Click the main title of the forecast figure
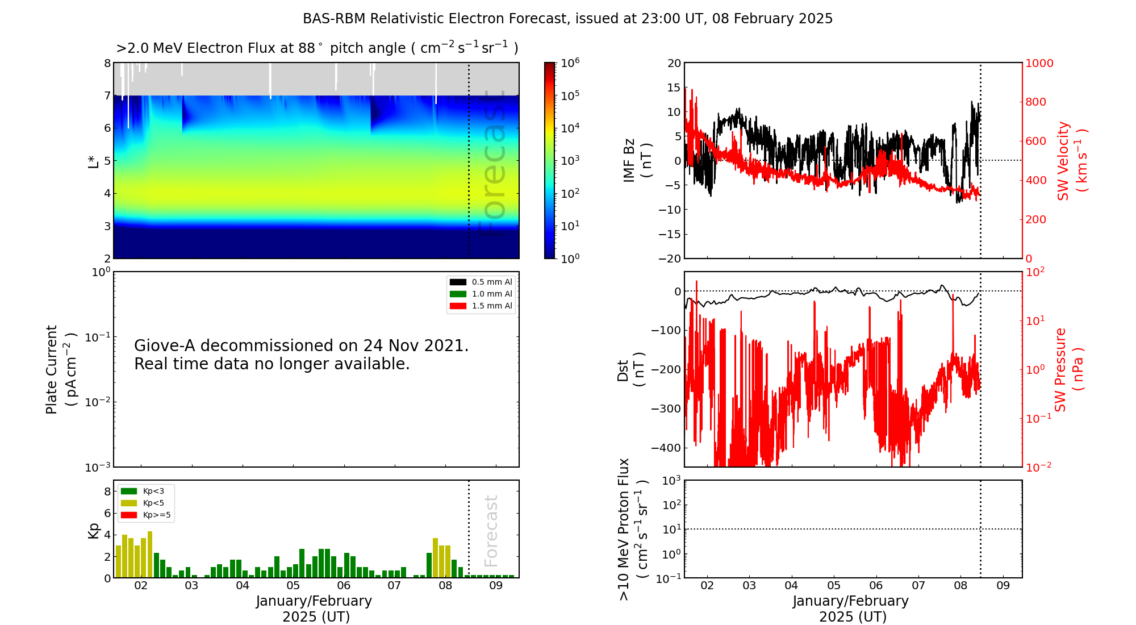(x=567, y=19)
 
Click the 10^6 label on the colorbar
(x=570, y=63)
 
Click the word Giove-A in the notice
(x=165, y=345)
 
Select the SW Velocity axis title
(x=1063, y=160)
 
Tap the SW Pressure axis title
(x=1060, y=369)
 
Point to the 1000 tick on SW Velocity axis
(x=1039, y=63)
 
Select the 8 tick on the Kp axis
(x=107, y=491)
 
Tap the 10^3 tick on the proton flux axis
(x=671, y=481)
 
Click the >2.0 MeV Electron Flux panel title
(x=317, y=48)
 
